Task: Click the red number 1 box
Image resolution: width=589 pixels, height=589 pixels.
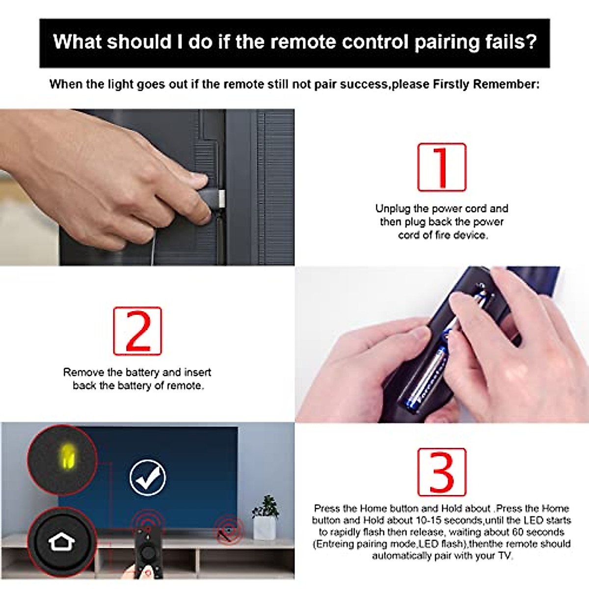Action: click(x=441, y=167)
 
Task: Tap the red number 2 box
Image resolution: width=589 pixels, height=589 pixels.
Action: click(x=137, y=331)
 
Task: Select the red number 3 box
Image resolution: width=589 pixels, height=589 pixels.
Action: click(x=441, y=472)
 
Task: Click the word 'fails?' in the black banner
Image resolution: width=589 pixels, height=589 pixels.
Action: click(x=510, y=42)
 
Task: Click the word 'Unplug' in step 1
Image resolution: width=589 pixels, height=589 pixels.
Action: click(x=393, y=209)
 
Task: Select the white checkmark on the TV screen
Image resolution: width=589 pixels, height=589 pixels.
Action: click(x=147, y=478)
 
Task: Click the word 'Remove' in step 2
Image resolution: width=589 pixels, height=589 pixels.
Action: click(x=83, y=373)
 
